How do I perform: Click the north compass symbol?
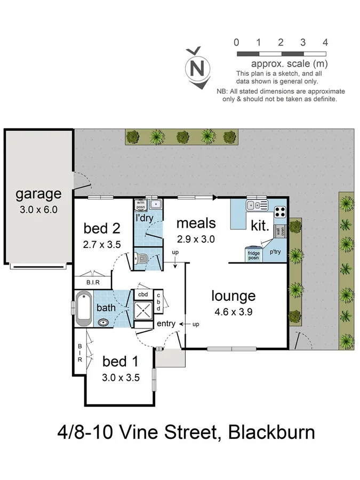[x=197, y=68]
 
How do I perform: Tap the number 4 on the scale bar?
[x=325, y=43]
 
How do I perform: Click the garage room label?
[x=38, y=194]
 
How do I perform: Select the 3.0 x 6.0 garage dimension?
[x=38, y=209]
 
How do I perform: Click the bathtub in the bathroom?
[x=84, y=308]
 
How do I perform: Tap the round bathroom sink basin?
[x=103, y=323]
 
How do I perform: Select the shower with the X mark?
[x=142, y=310]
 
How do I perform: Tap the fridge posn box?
[x=254, y=255]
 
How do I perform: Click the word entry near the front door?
[x=165, y=324]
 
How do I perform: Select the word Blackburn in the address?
[x=271, y=431]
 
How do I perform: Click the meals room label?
[x=196, y=222]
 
